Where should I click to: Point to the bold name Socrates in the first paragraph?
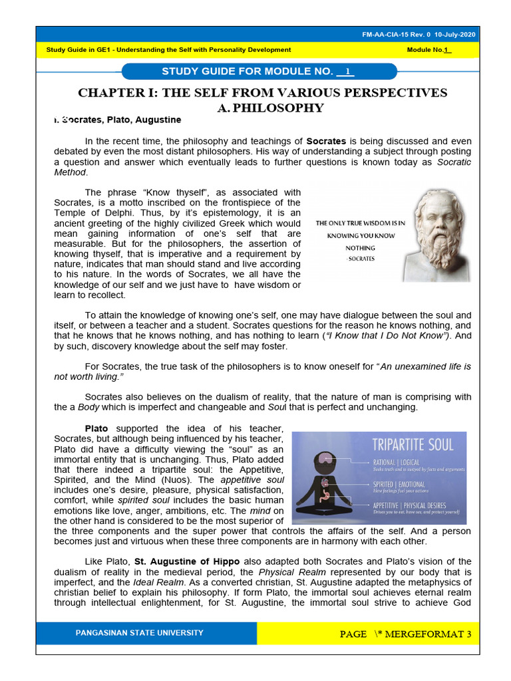point(327,142)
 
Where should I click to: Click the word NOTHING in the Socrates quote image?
point(361,248)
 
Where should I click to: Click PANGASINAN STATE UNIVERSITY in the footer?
point(140,633)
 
